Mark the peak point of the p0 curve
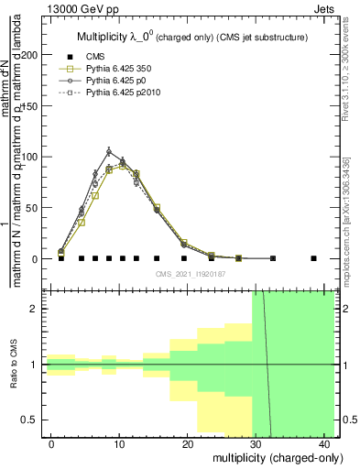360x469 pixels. point(108,151)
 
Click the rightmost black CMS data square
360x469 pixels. point(313,258)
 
